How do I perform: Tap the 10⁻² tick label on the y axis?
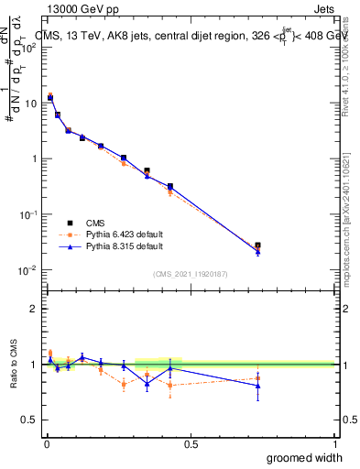(27, 270)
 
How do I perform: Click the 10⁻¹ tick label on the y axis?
(27, 214)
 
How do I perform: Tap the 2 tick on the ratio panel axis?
(34, 309)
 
